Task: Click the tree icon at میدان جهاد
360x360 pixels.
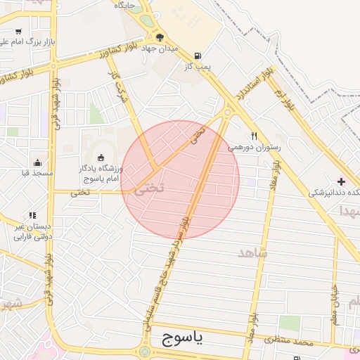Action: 160,37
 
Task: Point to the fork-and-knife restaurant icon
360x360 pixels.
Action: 254,136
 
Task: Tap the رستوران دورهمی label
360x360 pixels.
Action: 254,148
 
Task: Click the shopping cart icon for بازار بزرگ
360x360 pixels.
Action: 18,32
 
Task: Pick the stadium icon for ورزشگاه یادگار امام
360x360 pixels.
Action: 101,157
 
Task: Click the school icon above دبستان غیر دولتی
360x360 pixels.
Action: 32,215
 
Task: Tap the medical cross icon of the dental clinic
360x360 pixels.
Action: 341,181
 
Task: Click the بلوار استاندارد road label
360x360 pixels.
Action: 255,84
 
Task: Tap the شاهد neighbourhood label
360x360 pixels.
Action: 254,252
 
